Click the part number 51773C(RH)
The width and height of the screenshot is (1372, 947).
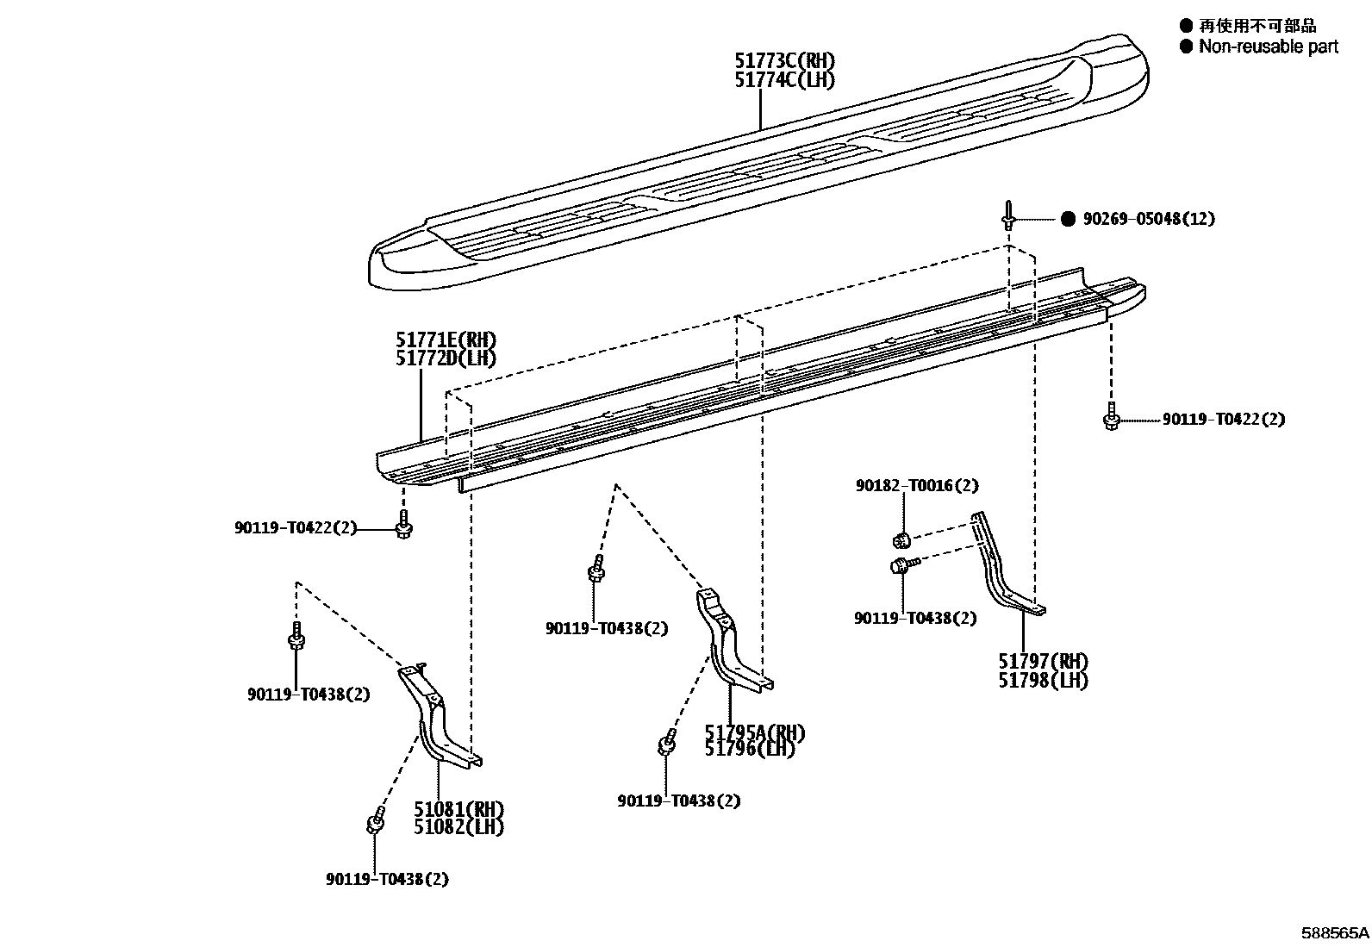tap(784, 60)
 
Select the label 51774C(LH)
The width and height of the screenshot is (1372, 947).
tap(784, 79)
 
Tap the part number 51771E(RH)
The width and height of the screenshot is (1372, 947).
tap(446, 340)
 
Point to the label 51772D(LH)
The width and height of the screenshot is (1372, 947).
tap(446, 358)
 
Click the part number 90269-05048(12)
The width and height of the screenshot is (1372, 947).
tap(1149, 219)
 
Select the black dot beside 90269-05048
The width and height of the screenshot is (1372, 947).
tap(1068, 219)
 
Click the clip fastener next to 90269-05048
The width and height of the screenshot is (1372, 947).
tap(1008, 215)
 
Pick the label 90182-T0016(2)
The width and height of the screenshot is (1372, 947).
tap(917, 486)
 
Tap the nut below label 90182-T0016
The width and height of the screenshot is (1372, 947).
tap(901, 540)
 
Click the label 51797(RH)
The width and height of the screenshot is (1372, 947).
tap(1043, 662)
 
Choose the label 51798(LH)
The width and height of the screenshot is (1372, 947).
tap(1043, 681)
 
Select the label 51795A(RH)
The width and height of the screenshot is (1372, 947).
tap(755, 732)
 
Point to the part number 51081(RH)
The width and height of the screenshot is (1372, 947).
tap(458, 809)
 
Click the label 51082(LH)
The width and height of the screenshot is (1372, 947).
tap(458, 827)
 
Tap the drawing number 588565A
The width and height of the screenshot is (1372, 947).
tap(1335, 933)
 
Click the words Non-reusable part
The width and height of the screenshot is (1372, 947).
tap(1269, 47)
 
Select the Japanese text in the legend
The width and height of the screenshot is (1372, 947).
tap(1257, 26)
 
